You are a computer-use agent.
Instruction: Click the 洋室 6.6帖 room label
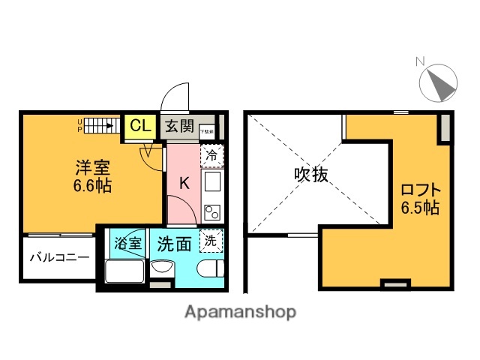click(92, 175)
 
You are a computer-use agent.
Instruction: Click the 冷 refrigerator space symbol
click(212, 156)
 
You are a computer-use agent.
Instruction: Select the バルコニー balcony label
click(59, 257)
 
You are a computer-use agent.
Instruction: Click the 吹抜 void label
click(310, 175)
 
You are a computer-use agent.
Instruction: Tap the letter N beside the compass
click(421, 61)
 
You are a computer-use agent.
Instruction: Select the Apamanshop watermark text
click(240, 311)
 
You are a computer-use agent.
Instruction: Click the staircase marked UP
click(101, 124)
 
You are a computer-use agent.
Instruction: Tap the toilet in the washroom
click(209, 268)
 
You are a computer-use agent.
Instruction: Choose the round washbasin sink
click(162, 268)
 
